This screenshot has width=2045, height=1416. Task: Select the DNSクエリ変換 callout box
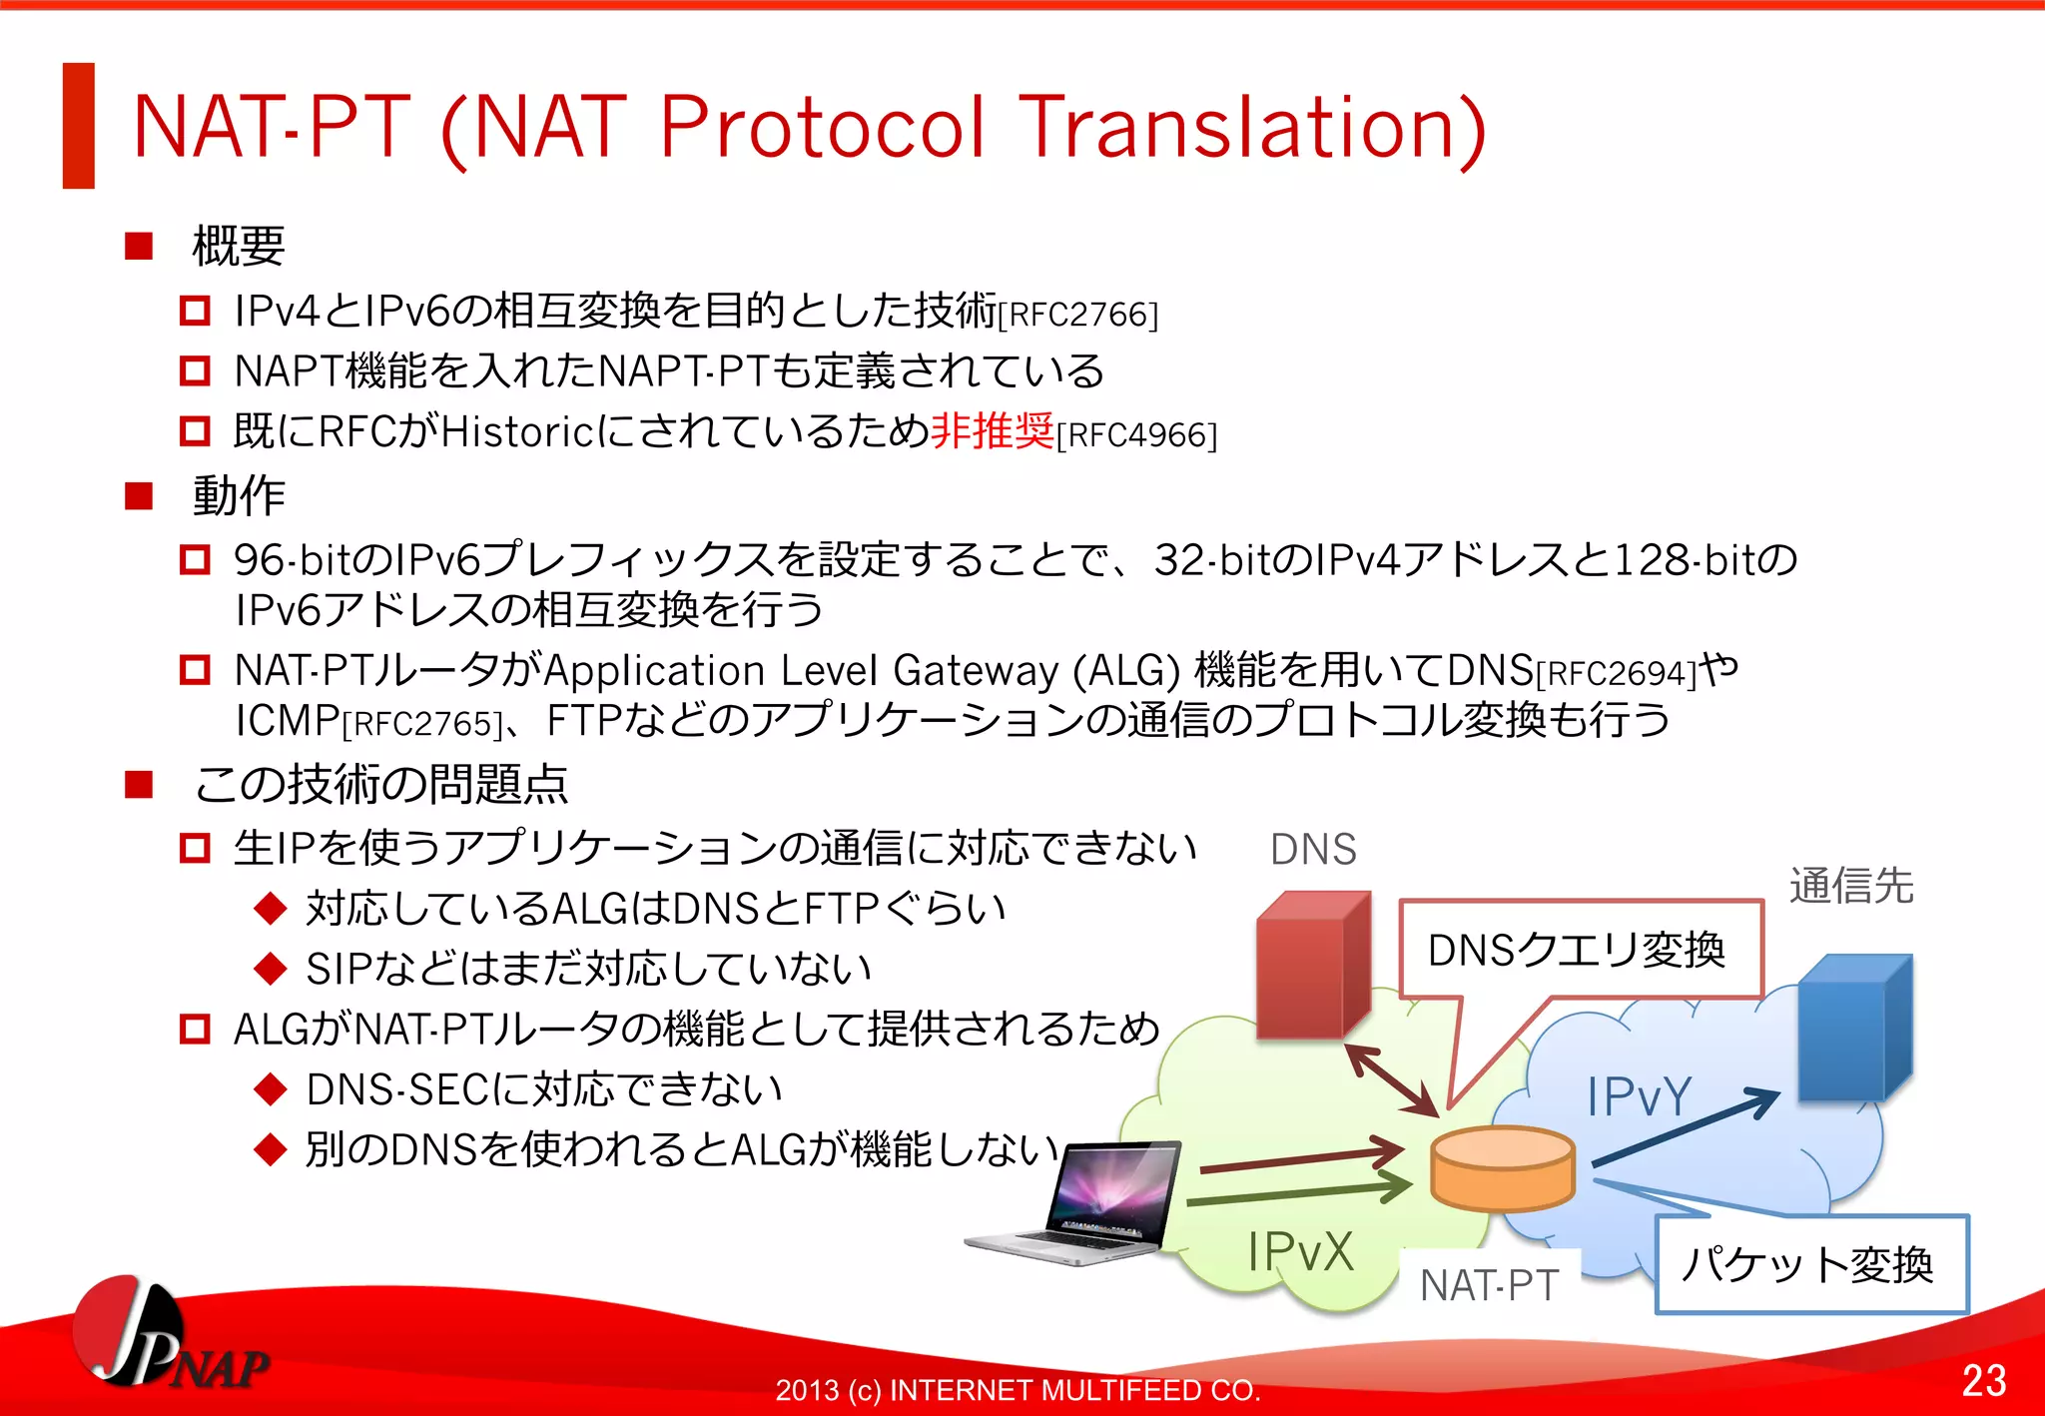pyautogui.click(x=1580, y=949)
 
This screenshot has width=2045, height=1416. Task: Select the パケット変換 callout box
pyautogui.click(x=1809, y=1264)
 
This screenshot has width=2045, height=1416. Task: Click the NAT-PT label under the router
pyautogui.click(x=1488, y=1285)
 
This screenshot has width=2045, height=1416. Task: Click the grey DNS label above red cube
pyautogui.click(x=1312, y=850)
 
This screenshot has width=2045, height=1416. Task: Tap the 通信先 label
pyautogui.click(x=1850, y=886)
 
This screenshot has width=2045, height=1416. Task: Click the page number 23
pyautogui.click(x=1983, y=1380)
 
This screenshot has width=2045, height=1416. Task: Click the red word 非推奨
pyautogui.click(x=992, y=431)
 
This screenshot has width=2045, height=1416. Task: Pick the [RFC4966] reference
pyautogui.click(x=1136, y=435)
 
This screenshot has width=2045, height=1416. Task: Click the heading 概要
pyautogui.click(x=238, y=246)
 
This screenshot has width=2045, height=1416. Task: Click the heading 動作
pyautogui.click(x=238, y=495)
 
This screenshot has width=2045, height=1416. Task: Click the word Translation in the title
pyautogui.click(x=1253, y=128)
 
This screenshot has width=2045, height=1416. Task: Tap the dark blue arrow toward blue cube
pyautogui.click(x=1688, y=1127)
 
